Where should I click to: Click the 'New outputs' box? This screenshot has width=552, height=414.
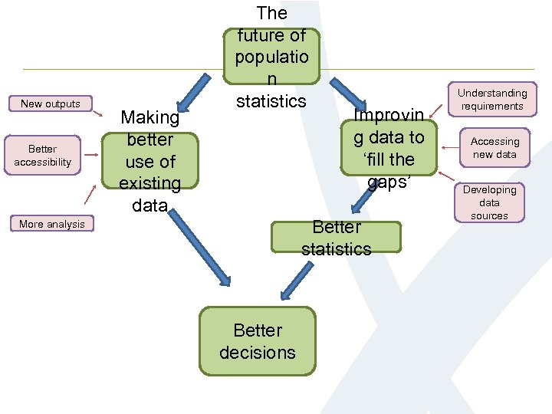click(x=51, y=103)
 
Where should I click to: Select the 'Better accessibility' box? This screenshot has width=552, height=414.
click(x=43, y=156)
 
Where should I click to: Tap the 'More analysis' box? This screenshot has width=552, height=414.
click(x=52, y=224)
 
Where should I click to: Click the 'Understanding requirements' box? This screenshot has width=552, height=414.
click(x=492, y=100)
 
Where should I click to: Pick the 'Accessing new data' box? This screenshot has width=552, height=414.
click(x=495, y=148)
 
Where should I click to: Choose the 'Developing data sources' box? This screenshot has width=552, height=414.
click(x=489, y=202)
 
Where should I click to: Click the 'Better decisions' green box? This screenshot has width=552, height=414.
click(x=258, y=341)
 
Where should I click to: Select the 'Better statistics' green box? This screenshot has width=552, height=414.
click(x=336, y=238)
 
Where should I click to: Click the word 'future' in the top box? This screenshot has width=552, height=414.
click(x=271, y=35)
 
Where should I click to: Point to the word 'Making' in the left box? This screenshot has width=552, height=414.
click(x=150, y=118)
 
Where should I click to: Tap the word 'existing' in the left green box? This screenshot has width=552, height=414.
click(x=150, y=183)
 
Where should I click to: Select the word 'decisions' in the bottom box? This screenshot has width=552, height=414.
click(x=258, y=353)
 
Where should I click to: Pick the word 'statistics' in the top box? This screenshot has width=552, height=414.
click(x=271, y=101)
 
